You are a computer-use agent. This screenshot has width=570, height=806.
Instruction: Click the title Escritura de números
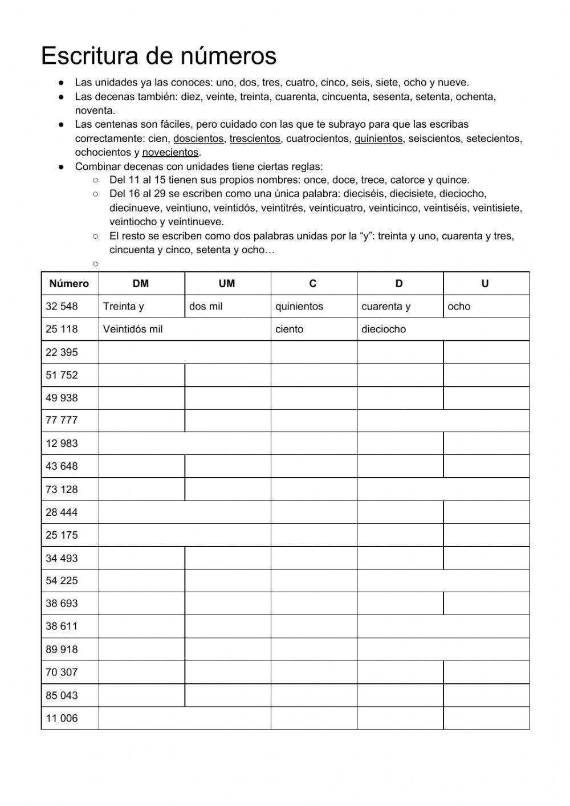click(158, 56)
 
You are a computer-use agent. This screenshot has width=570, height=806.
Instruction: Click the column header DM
click(141, 283)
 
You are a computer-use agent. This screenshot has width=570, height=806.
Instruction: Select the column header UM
click(227, 283)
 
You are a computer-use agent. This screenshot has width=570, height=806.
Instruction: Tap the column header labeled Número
click(69, 283)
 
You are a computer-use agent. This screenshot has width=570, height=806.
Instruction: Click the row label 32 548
click(62, 306)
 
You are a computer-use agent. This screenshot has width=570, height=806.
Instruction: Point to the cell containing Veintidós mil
click(132, 329)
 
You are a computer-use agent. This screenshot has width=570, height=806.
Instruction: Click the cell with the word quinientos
click(299, 306)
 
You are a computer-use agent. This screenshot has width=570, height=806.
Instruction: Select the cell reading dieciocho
click(384, 329)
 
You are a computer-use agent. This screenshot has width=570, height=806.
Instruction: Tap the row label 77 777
click(62, 420)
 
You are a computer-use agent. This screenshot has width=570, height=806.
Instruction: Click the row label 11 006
click(62, 718)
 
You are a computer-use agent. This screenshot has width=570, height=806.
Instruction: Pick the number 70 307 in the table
click(62, 672)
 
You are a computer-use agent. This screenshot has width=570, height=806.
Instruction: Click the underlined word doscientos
click(198, 139)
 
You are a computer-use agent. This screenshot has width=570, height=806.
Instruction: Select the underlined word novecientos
click(170, 152)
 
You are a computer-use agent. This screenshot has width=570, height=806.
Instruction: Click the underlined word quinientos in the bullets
click(378, 139)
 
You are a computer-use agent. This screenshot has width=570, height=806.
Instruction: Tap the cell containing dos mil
click(206, 306)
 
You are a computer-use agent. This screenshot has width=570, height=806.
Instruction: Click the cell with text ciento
click(290, 329)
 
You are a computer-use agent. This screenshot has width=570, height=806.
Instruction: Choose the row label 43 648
click(62, 466)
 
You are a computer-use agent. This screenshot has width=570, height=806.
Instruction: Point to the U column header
click(485, 283)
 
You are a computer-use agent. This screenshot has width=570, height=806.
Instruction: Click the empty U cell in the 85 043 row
click(486, 695)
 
